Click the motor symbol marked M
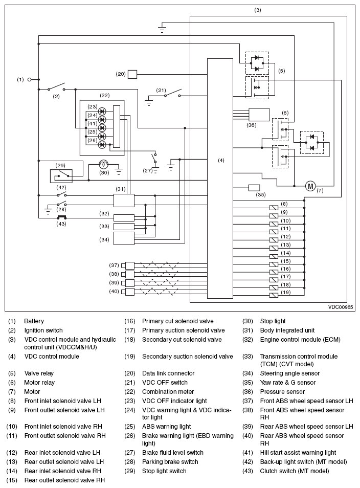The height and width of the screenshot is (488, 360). tap(310, 186)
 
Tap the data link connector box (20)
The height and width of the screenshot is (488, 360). tap(132, 74)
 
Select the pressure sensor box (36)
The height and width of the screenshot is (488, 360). tap(259, 115)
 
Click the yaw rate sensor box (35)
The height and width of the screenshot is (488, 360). tap(254, 188)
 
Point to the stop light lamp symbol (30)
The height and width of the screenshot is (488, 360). tap(103, 164)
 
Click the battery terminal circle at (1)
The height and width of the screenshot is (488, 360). tap(30, 79)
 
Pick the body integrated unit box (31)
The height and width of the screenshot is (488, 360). tap(124, 201)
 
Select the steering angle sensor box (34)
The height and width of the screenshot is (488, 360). tap(124, 239)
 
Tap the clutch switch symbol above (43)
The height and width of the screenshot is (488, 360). tap(61, 217)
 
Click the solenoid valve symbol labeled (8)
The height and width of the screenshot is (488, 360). tap(274, 208)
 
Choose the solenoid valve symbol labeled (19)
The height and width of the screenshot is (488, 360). tap(274, 295)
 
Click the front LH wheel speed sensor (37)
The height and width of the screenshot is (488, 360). tap(128, 265)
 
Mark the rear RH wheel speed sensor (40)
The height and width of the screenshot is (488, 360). tap(128, 292)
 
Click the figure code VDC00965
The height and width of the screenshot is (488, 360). tap(341, 307)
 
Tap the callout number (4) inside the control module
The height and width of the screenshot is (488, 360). tap(220, 160)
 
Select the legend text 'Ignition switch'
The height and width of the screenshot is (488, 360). tap(43, 330)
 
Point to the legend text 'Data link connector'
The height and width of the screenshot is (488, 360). tap(168, 373)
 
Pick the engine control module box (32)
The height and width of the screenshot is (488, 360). tap(124, 217)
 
